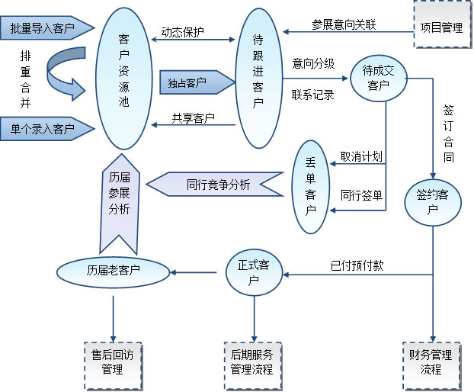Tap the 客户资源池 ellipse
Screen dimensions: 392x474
(x=124, y=79)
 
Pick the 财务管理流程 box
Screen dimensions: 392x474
(x=431, y=362)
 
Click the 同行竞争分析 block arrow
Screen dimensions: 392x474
(x=214, y=185)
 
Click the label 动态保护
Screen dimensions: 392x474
(x=182, y=33)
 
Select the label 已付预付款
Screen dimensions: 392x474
(x=351, y=266)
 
